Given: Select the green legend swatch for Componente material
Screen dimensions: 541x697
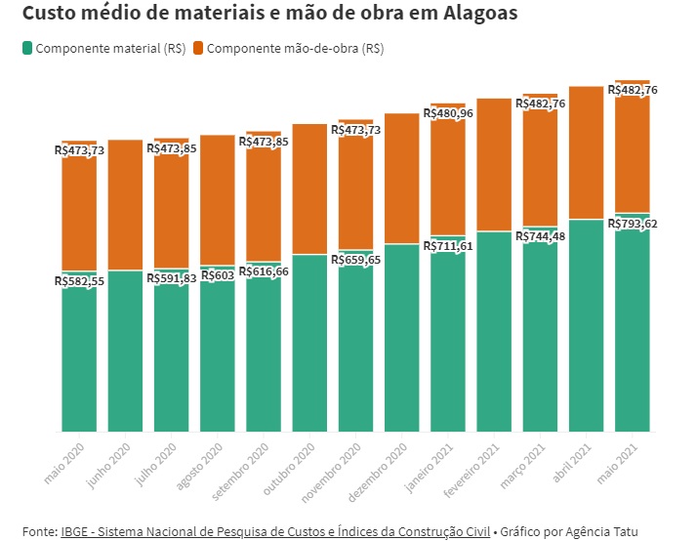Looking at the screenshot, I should click(x=26, y=48).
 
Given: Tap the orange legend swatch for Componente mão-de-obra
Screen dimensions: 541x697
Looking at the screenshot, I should click(x=198, y=48).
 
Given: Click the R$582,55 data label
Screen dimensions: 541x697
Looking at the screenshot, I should click(x=79, y=281).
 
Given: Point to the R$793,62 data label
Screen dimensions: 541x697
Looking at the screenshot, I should click(x=633, y=224).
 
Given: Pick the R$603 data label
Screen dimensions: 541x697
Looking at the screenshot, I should click(x=217, y=276).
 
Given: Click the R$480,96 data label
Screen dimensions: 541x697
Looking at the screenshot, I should click(x=448, y=113).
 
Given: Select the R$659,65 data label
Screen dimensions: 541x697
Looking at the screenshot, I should click(x=356, y=260).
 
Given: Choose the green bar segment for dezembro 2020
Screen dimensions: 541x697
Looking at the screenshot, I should click(x=402, y=337).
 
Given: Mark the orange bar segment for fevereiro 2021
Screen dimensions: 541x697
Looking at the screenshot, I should click(x=494, y=164).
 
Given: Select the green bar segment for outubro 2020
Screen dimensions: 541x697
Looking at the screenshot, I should click(x=309, y=343).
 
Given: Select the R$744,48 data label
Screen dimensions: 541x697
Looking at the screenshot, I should click(x=540, y=236).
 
